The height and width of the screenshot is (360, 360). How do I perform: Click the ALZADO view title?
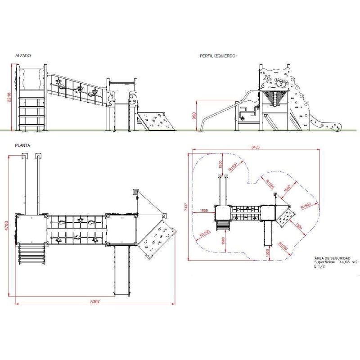point(23,55)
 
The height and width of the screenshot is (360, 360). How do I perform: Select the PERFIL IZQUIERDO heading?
point(217,56)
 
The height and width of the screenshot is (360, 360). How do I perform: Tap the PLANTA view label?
point(22,145)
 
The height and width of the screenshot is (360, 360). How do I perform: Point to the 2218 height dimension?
point(9,98)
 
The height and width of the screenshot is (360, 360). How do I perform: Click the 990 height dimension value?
point(194,116)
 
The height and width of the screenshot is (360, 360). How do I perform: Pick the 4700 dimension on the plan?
point(6,226)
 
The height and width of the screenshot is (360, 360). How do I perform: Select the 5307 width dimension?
point(95,301)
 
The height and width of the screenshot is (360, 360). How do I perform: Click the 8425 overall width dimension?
point(255,147)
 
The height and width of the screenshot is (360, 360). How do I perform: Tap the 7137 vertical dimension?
point(186,207)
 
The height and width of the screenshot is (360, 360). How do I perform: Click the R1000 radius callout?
point(283,246)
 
